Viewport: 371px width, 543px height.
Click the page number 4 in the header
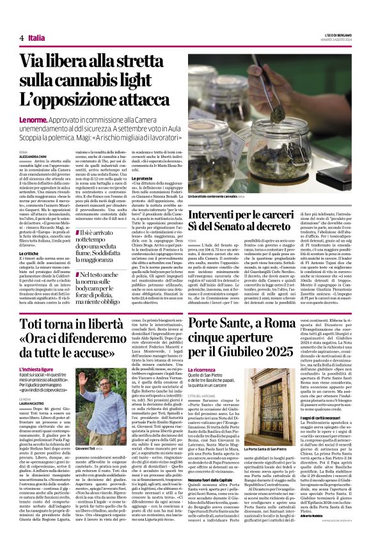coord(21,38)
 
